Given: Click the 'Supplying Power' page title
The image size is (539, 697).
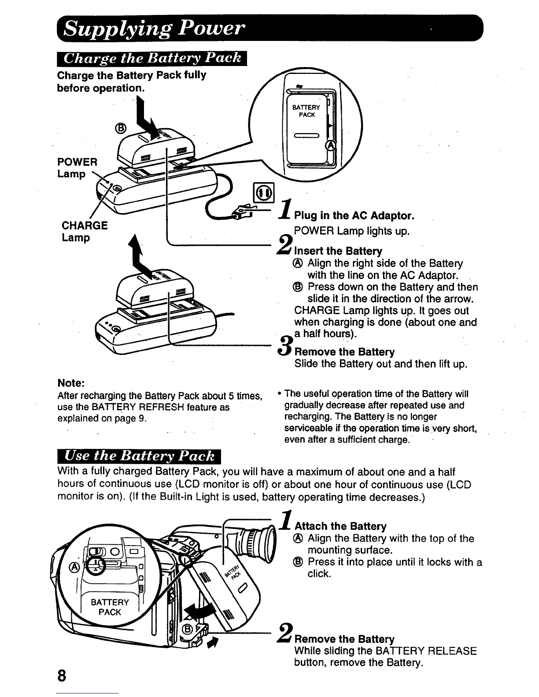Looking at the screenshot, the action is pyautogui.click(x=154, y=29).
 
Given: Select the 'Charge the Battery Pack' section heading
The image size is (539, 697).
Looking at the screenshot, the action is pyautogui.click(x=152, y=59).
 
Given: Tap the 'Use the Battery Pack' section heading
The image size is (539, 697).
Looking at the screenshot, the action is pyautogui.click(x=139, y=456).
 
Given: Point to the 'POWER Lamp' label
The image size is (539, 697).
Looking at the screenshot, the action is pyautogui.click(x=77, y=168).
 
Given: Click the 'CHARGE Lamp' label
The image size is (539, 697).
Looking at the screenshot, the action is pyautogui.click(x=85, y=231).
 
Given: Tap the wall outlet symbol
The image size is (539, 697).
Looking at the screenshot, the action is pyautogui.click(x=264, y=193).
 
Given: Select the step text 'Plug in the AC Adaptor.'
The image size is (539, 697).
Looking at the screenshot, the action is pyautogui.click(x=354, y=216).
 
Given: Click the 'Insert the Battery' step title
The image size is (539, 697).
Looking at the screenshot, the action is pyautogui.click(x=338, y=251).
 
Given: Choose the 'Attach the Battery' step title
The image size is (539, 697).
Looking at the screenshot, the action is pyautogui.click(x=340, y=526).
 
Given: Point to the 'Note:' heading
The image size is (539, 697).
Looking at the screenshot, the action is pyautogui.click(x=71, y=383).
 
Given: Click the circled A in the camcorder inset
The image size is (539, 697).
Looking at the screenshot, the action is pyautogui.click(x=74, y=567).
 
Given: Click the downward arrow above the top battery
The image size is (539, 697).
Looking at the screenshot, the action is pyautogui.click(x=147, y=119).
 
